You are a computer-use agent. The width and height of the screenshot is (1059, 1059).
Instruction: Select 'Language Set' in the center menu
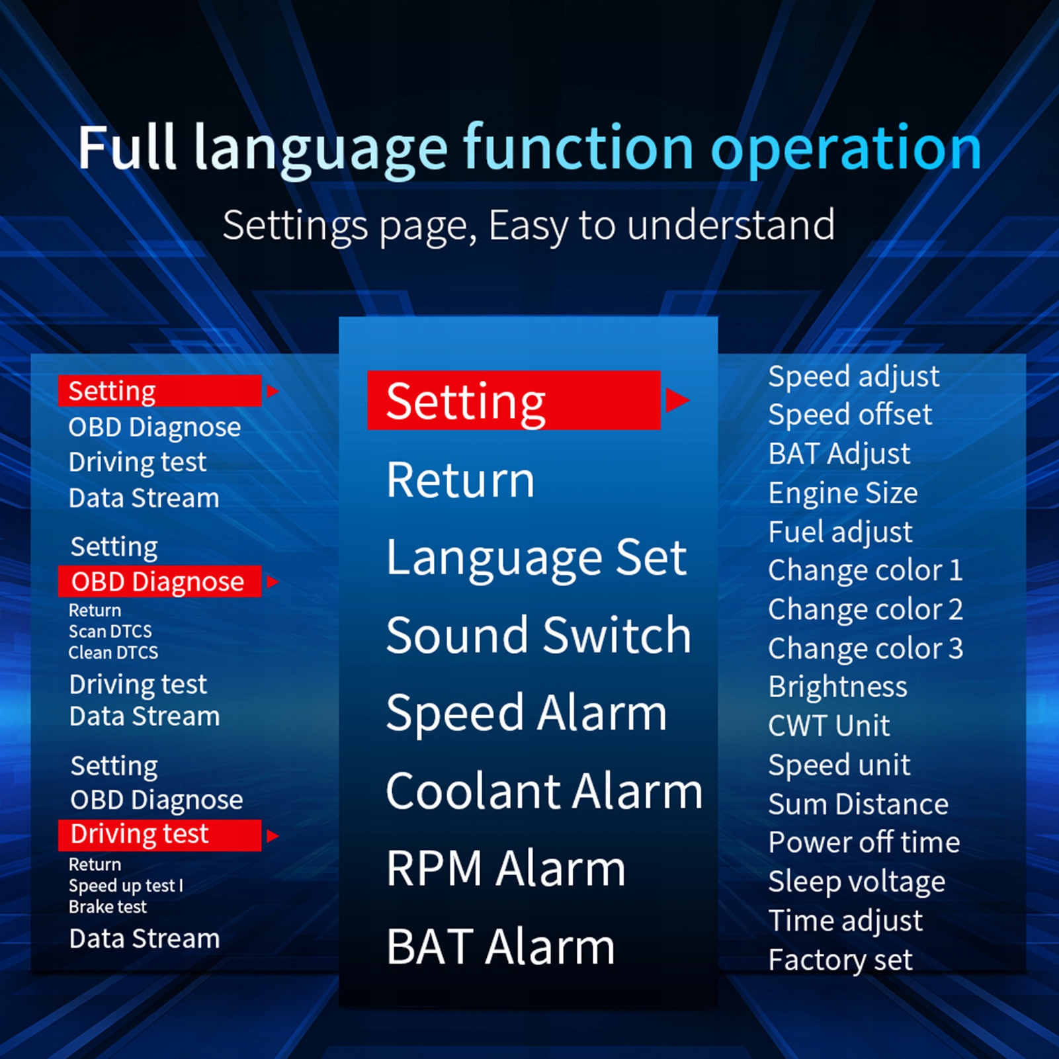tap(536, 558)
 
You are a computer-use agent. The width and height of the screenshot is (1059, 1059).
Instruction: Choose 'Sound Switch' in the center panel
tap(538, 635)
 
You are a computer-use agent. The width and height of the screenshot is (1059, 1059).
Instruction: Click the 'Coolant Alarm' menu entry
tap(544, 791)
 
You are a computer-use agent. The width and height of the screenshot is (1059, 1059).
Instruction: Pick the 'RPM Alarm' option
tap(506, 868)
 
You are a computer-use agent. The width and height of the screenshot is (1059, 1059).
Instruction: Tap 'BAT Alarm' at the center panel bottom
tap(501, 947)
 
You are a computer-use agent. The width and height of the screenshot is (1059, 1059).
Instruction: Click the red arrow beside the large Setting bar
tap(677, 400)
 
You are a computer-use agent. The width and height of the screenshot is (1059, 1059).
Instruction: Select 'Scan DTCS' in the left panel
tap(110, 631)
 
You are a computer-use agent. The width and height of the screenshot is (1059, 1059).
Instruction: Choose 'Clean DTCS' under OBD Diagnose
tap(114, 652)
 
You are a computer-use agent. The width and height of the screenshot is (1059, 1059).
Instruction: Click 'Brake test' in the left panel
tap(108, 906)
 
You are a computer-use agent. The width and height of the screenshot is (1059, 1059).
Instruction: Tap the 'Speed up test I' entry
tap(126, 886)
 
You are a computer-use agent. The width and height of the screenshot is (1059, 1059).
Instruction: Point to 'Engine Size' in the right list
tap(843, 493)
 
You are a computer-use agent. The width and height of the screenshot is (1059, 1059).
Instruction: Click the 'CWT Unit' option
tap(829, 726)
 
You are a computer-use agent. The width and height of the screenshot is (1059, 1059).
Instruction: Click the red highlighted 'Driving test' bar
tap(159, 835)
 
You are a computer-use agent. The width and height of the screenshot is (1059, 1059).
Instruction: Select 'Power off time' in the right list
tap(864, 843)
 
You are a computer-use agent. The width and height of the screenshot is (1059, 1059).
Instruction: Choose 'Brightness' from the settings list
tap(837, 687)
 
